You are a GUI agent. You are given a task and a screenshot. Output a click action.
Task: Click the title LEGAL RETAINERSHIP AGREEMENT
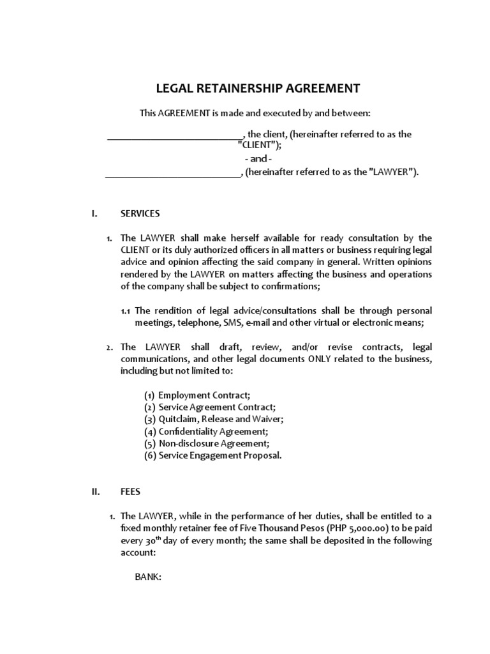pos(258,88)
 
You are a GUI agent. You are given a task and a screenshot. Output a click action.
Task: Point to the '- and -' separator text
pos(258,158)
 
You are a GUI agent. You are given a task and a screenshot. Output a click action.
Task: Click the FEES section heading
pos(131,492)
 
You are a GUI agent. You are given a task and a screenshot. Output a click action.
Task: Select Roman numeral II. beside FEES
pos(96,492)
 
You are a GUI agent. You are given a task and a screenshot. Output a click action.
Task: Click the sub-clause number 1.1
pos(126,311)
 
